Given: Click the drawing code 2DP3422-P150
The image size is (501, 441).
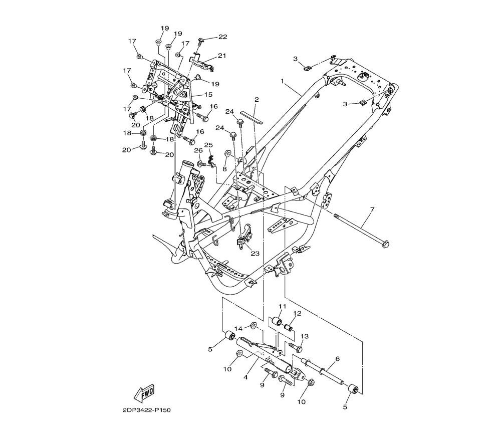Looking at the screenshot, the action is (147, 410).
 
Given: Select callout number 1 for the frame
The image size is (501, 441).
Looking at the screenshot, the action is (283, 81).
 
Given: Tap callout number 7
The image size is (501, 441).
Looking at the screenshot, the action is (372, 209).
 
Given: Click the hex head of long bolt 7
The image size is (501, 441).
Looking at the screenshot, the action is (386, 245).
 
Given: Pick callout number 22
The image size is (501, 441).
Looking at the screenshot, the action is (223, 37).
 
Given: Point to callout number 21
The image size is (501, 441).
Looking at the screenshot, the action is (222, 56).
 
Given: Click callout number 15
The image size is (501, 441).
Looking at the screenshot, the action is (208, 95).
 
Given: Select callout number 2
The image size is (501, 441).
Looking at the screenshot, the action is (257, 99).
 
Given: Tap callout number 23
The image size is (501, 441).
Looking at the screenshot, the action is (255, 254).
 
